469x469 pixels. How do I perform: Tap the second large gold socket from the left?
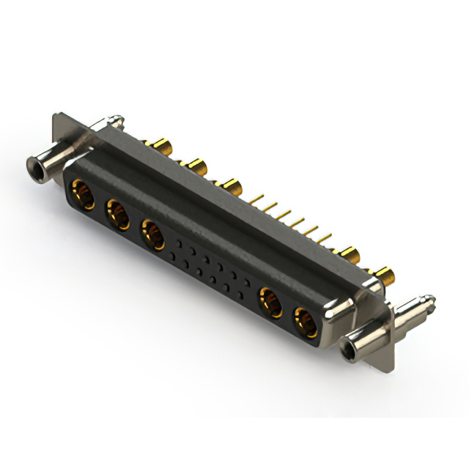[x=117, y=215]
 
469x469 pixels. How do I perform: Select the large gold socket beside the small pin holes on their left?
[x=152, y=234]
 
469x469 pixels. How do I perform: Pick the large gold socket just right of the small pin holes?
[x=270, y=302]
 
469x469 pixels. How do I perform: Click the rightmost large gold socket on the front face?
[x=305, y=322]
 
